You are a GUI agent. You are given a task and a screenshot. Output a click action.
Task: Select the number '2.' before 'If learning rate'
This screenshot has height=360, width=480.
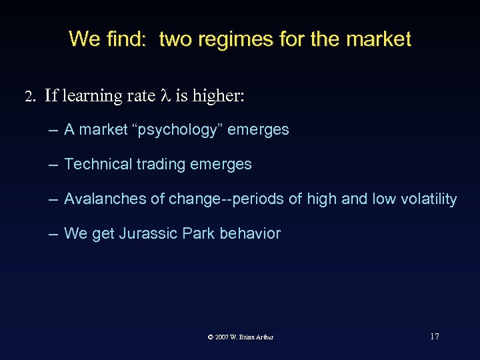coord(29,97)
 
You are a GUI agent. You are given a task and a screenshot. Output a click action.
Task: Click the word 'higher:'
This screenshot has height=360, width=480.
coord(219,96)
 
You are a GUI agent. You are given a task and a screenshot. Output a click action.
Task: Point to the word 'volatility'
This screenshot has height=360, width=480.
coord(429,199)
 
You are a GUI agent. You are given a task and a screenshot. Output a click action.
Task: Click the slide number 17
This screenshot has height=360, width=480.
coord(434,336)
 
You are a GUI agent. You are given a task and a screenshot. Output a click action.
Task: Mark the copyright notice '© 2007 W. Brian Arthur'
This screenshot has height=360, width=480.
coord(241,337)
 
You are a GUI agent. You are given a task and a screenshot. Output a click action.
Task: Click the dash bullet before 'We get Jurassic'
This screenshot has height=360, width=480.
coord(52,234)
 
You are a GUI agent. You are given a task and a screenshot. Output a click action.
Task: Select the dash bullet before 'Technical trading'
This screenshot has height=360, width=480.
coord(52,165)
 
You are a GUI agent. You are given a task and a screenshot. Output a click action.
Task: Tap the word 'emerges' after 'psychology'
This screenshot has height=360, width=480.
coord(259,129)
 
